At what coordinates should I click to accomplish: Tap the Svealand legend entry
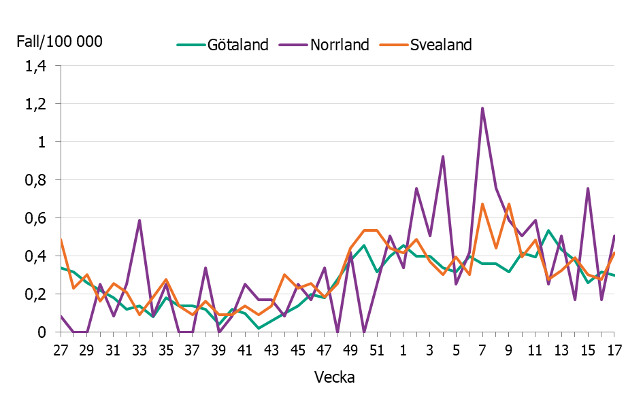point(440,45)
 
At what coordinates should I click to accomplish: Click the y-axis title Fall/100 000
point(59,41)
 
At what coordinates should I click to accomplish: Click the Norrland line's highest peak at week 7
point(482,108)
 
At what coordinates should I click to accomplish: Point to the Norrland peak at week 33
point(139,220)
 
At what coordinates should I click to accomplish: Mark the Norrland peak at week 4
point(443,156)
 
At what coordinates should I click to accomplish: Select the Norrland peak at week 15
point(588,188)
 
